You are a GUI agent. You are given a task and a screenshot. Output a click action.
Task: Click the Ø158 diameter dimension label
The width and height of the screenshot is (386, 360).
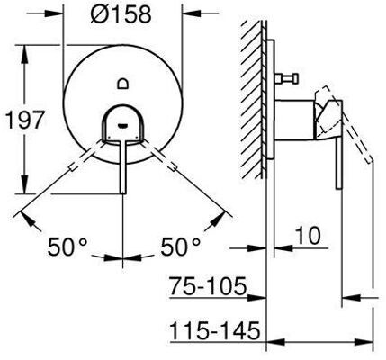[x=121, y=13]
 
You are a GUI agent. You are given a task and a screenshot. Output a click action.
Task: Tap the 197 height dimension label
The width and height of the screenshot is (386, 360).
[x=25, y=120]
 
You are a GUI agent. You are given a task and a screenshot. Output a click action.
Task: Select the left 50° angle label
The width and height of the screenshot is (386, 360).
[x=67, y=247]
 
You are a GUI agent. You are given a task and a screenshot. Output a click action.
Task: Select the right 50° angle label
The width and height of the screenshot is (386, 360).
[x=181, y=247]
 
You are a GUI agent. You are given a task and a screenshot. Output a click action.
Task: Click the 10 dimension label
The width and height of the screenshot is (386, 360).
[x=308, y=236]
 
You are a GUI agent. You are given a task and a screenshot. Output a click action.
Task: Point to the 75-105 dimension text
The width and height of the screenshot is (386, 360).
[x=208, y=285]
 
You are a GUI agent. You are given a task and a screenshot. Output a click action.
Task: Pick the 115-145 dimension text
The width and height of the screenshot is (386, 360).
[x=215, y=330]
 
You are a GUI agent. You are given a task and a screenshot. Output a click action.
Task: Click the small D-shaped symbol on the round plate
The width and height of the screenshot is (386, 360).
[x=123, y=83]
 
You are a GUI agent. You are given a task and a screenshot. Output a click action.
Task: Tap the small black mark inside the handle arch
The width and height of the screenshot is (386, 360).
[x=123, y=125]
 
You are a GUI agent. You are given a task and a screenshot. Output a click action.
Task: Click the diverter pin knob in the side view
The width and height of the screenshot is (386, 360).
[x=296, y=78]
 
